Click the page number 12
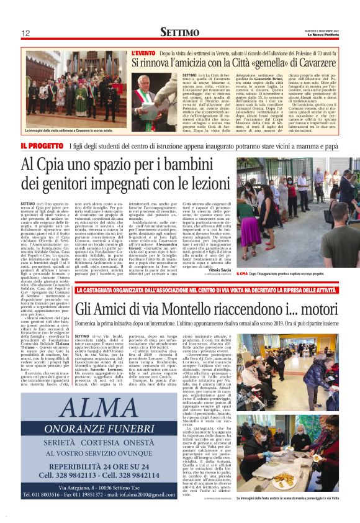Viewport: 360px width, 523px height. [25, 33]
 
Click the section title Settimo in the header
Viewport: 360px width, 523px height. [179, 32]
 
